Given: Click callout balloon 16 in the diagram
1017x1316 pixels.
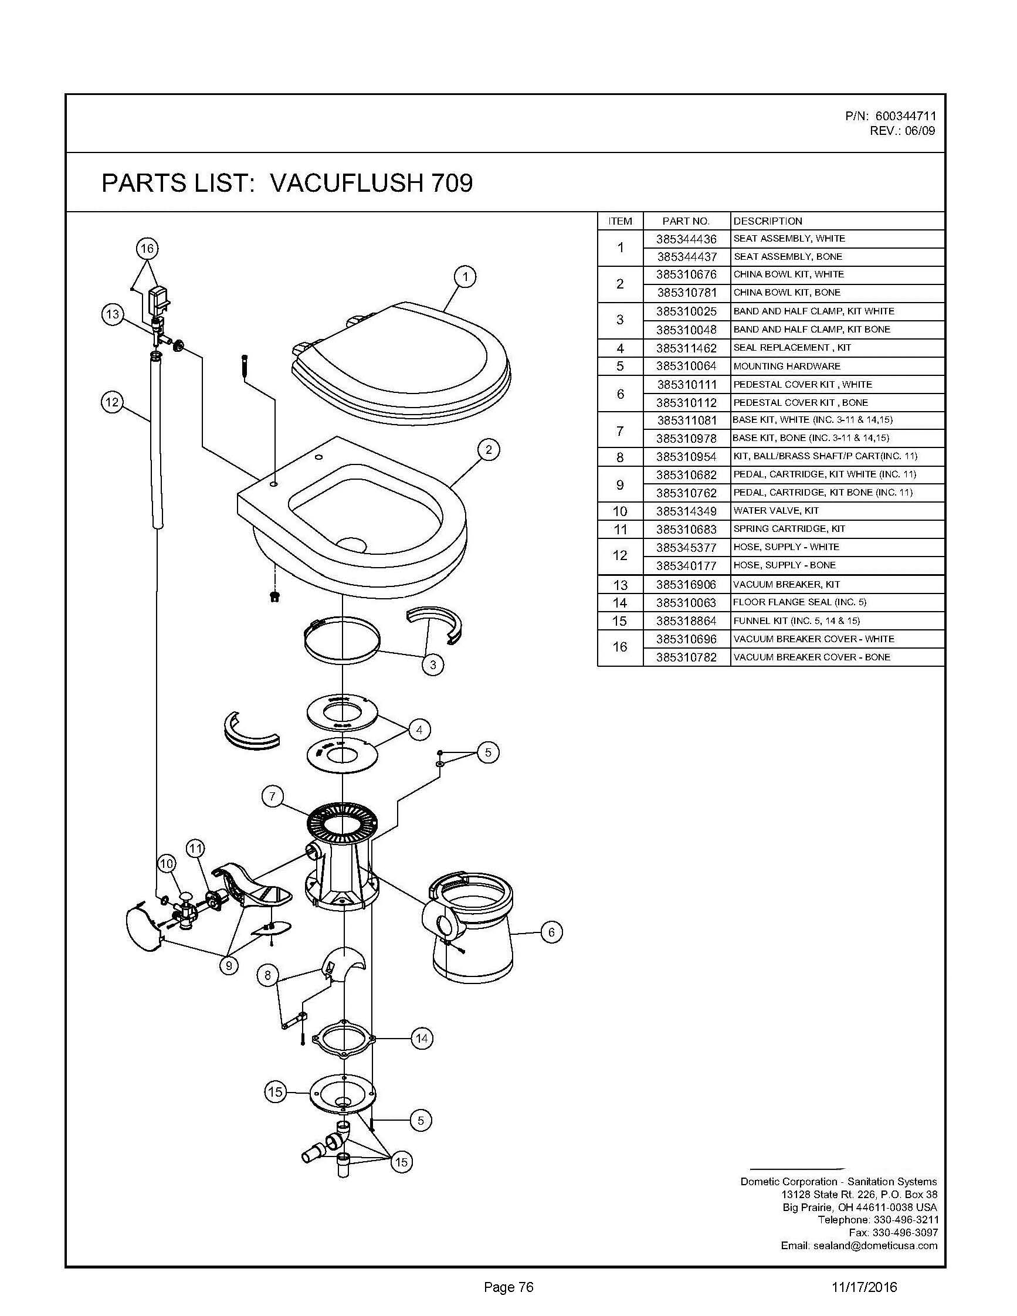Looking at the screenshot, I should (x=147, y=248).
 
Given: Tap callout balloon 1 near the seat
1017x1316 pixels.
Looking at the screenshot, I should (x=465, y=277).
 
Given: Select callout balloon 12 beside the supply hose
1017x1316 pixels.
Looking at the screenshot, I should (x=112, y=402).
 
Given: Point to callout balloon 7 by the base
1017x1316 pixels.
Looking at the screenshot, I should (x=272, y=796).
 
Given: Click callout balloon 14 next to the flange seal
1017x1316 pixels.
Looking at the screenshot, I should (x=422, y=1037).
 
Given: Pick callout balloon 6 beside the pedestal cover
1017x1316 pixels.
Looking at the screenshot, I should (x=551, y=932).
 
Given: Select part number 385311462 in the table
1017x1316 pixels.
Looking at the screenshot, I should (x=686, y=348).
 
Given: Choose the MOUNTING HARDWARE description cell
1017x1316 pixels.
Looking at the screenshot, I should (x=787, y=367).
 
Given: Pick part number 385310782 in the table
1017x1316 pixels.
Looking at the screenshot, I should (x=686, y=657).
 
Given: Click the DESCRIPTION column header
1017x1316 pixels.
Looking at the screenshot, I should (x=768, y=221).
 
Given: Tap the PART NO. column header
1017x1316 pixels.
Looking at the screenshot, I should (x=686, y=221).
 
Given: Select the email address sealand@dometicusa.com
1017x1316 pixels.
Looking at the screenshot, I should (x=875, y=1246).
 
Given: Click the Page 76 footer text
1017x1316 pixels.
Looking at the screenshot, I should (x=508, y=1288).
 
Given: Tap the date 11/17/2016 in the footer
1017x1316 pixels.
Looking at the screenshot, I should (x=864, y=1288).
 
